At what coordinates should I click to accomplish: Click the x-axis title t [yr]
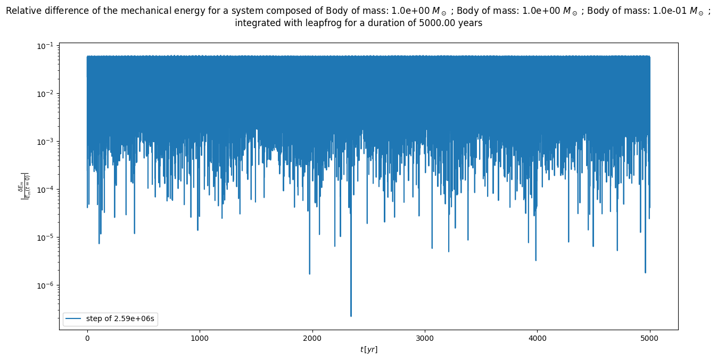coord(368,349)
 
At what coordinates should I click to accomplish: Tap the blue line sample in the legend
coord(74,318)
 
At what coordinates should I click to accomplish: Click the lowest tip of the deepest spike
coord(351,316)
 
